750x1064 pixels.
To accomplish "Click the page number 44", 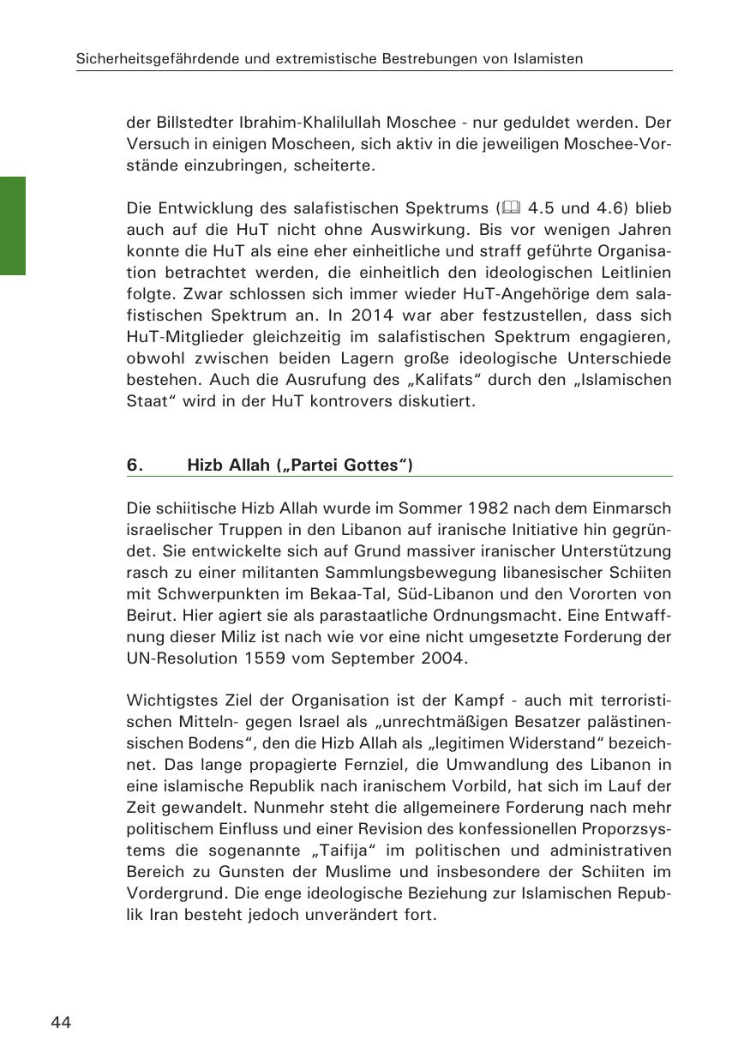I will click(61, 1022).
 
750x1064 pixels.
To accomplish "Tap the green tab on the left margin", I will click(12, 225).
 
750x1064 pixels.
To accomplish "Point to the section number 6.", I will click(134, 466).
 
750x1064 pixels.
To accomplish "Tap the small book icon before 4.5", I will click(512, 208).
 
